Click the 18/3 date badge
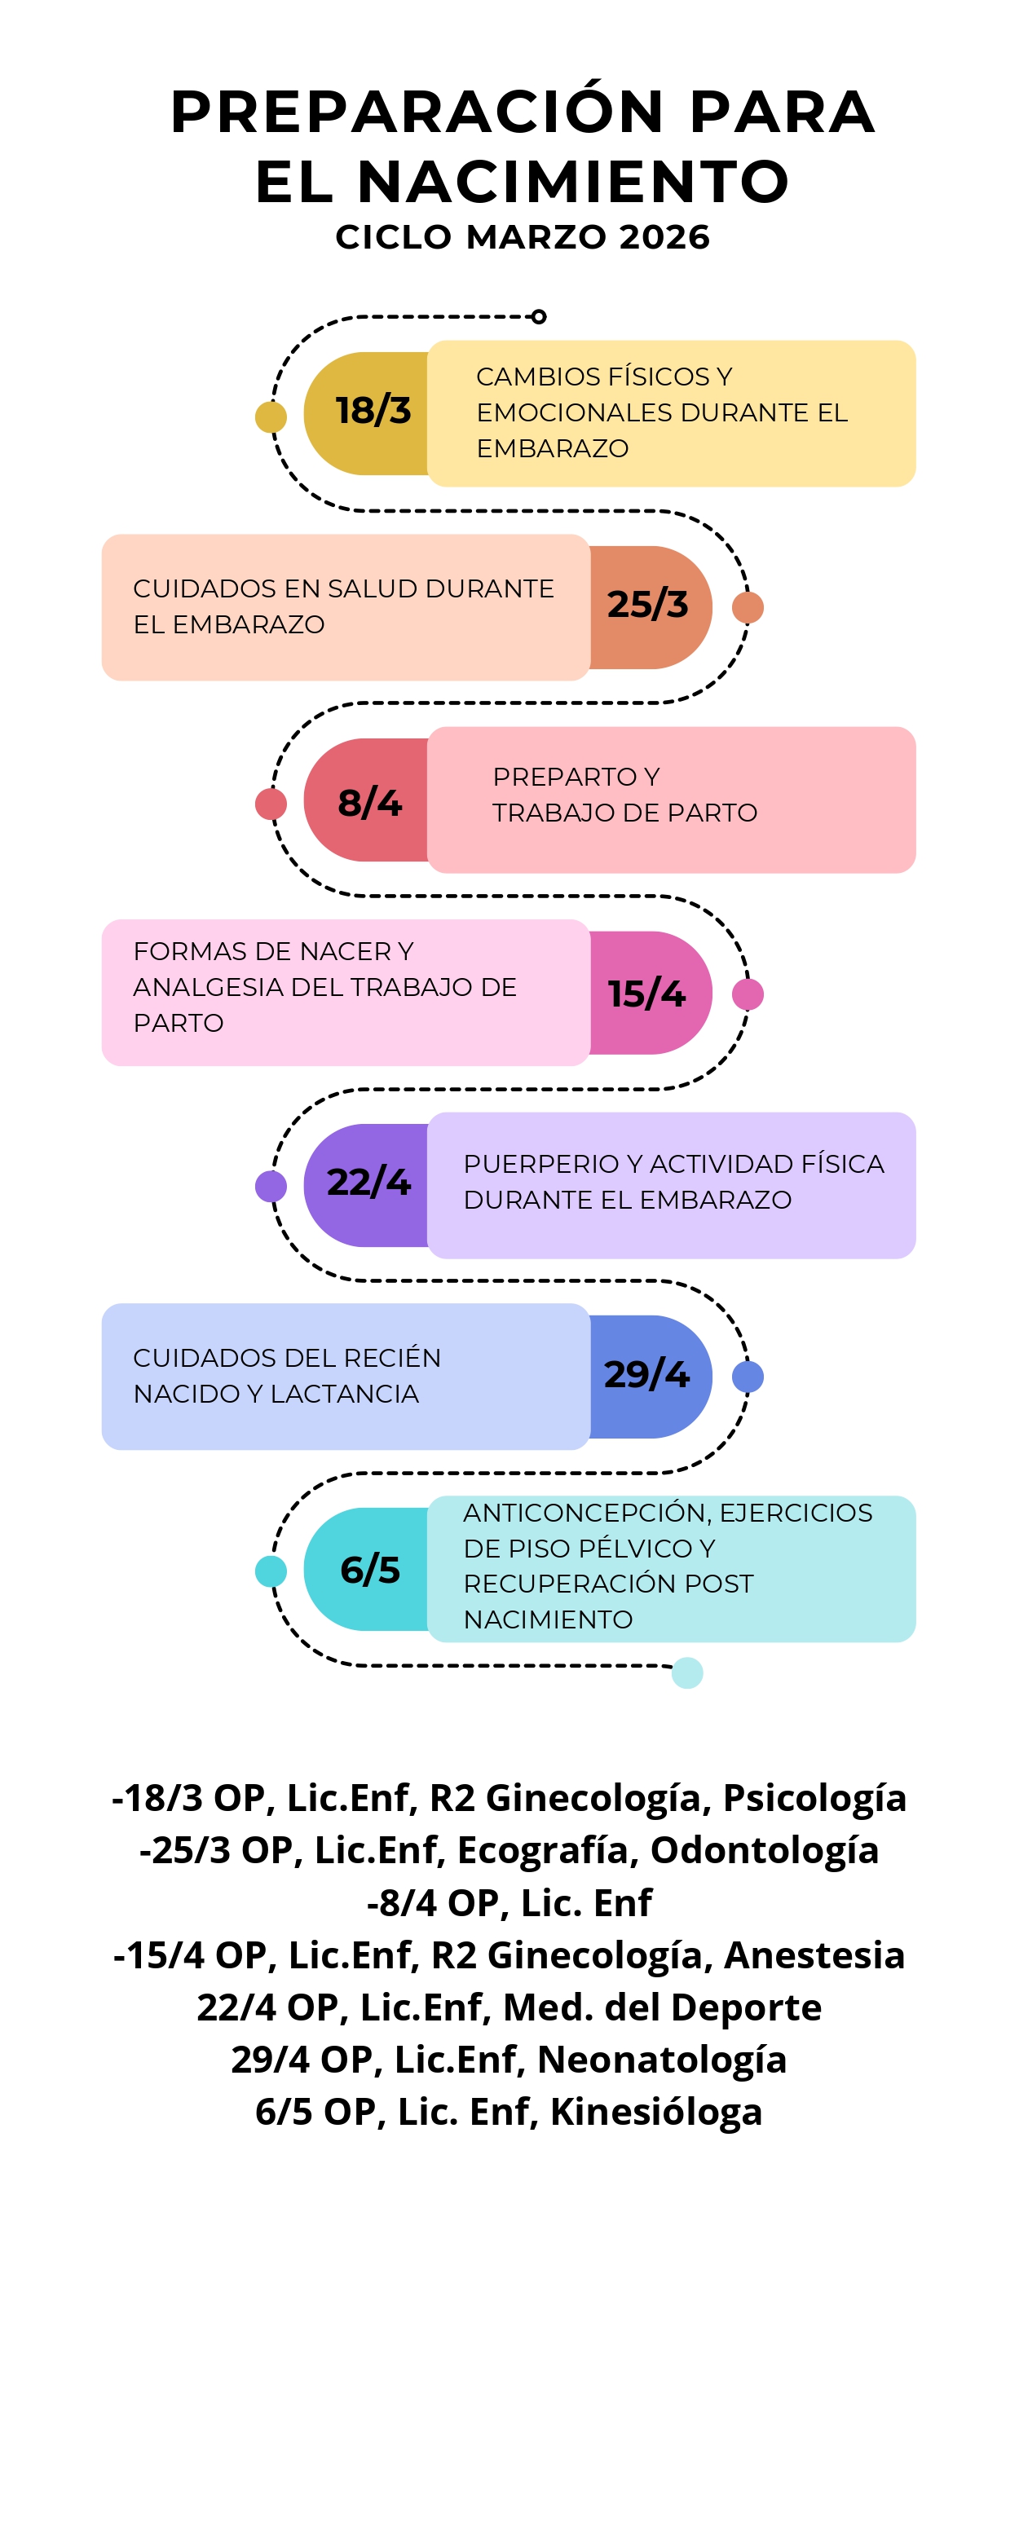[x=367, y=413]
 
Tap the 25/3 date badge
[x=650, y=607]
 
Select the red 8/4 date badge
[x=367, y=800]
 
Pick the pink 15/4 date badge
[x=650, y=993]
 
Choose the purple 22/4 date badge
[x=367, y=1186]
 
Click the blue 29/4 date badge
[x=650, y=1377]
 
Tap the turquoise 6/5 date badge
[x=367, y=1569]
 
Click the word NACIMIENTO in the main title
[x=573, y=182]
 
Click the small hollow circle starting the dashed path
[x=538, y=316]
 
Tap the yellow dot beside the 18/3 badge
[x=271, y=417]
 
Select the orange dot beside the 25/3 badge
[x=748, y=607]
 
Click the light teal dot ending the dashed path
[x=687, y=1673]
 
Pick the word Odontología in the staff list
[x=765, y=1851]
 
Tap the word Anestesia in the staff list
[x=814, y=1954]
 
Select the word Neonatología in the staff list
[x=662, y=2060]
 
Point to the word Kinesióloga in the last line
[x=656, y=2113]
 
